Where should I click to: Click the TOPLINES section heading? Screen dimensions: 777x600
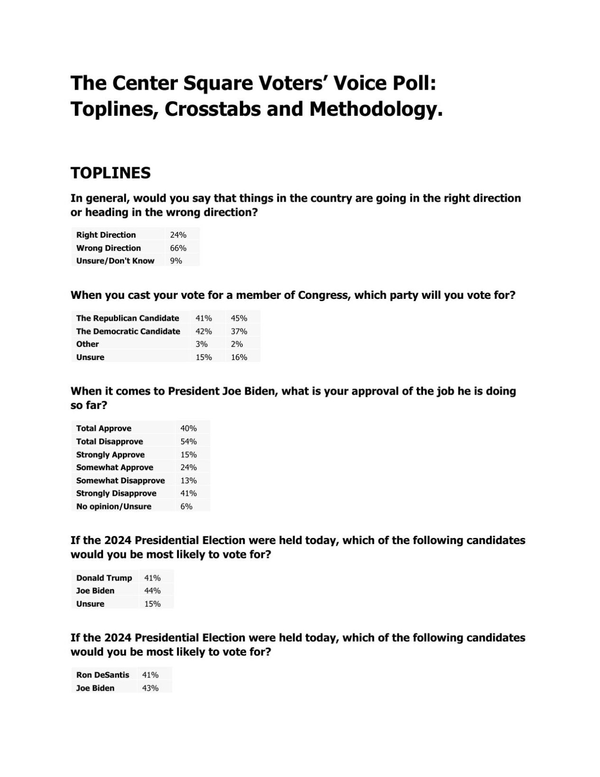111,173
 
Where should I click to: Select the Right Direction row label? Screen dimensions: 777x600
106,235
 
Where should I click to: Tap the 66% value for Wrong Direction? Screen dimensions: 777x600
178,248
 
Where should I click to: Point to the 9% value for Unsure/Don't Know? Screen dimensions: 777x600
175,261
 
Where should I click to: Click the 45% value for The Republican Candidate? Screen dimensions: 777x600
239,318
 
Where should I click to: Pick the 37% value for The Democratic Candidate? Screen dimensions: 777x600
239,332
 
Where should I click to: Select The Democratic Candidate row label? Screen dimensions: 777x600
128,332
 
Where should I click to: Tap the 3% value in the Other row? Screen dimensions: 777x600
202,344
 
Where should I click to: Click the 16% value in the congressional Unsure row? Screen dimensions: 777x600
239,357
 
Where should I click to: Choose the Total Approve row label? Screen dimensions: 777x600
103,428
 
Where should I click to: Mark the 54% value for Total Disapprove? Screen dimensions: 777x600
188,442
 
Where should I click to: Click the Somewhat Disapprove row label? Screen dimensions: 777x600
120,481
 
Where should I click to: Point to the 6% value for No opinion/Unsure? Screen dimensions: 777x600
186,507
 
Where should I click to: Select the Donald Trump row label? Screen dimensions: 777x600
104,578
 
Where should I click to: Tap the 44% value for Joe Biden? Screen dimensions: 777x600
152,591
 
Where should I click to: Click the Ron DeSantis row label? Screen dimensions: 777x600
102,675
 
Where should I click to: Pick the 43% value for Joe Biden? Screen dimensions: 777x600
150,688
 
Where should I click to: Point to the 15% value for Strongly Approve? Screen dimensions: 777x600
188,454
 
